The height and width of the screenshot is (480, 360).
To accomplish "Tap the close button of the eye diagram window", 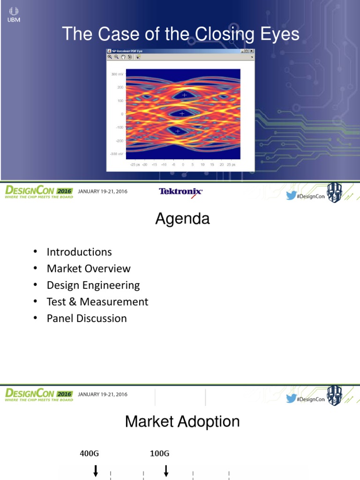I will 252,51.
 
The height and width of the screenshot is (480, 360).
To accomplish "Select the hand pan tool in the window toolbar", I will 123,57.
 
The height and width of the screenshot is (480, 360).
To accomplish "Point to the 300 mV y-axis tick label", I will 117,74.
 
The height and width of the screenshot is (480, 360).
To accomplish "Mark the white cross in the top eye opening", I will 184,95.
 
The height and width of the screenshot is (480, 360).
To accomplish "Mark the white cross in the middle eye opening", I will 182,113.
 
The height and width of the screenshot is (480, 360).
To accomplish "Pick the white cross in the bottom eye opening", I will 178,131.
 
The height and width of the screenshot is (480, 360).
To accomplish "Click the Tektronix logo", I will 180,191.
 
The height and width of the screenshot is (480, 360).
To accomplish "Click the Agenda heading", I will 182,219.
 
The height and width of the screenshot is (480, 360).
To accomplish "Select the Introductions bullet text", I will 79,252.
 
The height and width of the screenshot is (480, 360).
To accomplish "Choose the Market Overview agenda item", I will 89,269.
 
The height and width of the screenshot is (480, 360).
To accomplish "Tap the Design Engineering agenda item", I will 93,285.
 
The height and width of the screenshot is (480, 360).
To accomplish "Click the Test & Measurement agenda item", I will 97,301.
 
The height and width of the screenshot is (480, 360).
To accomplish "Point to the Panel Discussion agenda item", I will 87,318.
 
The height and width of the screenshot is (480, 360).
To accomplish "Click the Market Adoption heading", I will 182,421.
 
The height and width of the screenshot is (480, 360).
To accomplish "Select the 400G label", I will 90,453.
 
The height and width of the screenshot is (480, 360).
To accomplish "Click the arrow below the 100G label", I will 166,470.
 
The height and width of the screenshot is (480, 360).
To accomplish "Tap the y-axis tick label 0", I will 122,114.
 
